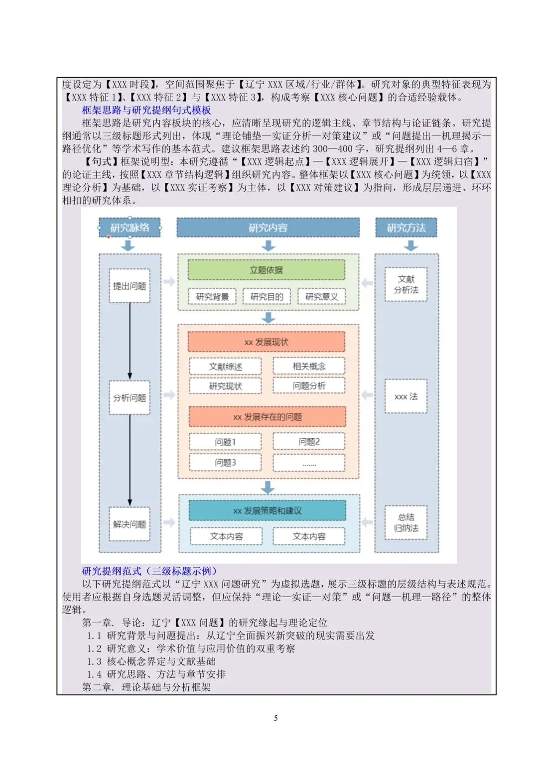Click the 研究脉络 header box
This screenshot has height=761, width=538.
pyautogui.click(x=129, y=227)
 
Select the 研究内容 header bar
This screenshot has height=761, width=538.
pyautogui.click(x=268, y=227)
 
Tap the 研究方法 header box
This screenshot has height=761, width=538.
pyautogui.click(x=406, y=227)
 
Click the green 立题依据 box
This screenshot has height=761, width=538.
pyautogui.click(x=266, y=270)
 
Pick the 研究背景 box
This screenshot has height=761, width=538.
pyautogui.click(x=212, y=297)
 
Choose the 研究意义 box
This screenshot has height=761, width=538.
pyautogui.click(x=321, y=297)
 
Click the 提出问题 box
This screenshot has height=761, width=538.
pyautogui.click(x=130, y=286)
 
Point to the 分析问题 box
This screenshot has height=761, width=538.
pyautogui.click(x=130, y=397)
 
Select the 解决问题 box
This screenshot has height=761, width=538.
pyautogui.click(x=130, y=524)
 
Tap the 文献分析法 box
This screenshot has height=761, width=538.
pyautogui.click(x=406, y=284)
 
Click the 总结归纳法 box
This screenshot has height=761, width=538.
pyautogui.click(x=406, y=522)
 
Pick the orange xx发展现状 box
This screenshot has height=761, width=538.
pyautogui.click(x=266, y=342)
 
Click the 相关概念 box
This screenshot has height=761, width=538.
pyautogui.click(x=309, y=366)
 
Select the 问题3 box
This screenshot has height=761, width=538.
pyautogui.click(x=225, y=462)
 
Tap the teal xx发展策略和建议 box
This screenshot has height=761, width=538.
pyautogui.click(x=268, y=510)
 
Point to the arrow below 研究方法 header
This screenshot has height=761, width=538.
pyautogui.click(x=410, y=246)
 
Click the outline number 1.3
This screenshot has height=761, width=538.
pyautogui.click(x=94, y=661)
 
